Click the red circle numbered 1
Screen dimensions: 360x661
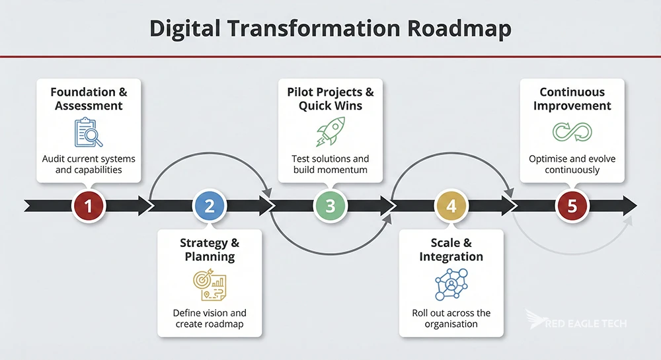[88, 205]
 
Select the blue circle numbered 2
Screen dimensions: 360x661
[209, 205]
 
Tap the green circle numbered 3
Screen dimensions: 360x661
[330, 205]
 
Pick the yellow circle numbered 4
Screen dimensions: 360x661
[451, 205]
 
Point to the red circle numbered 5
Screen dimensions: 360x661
[572, 205]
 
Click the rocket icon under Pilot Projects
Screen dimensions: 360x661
[330, 131]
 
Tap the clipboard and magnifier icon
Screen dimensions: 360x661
[89, 131]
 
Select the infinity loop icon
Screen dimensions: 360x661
[572, 131]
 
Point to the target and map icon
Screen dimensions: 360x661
[209, 284]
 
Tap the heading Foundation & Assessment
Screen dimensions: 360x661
[89, 98]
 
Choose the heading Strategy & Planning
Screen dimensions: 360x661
[209, 250]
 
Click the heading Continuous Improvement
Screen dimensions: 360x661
[572, 98]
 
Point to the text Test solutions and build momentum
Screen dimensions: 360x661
[330, 164]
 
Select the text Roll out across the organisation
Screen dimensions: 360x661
[451, 318]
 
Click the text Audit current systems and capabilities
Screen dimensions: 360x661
[89, 164]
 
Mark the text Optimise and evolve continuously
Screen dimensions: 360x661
[572, 164]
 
